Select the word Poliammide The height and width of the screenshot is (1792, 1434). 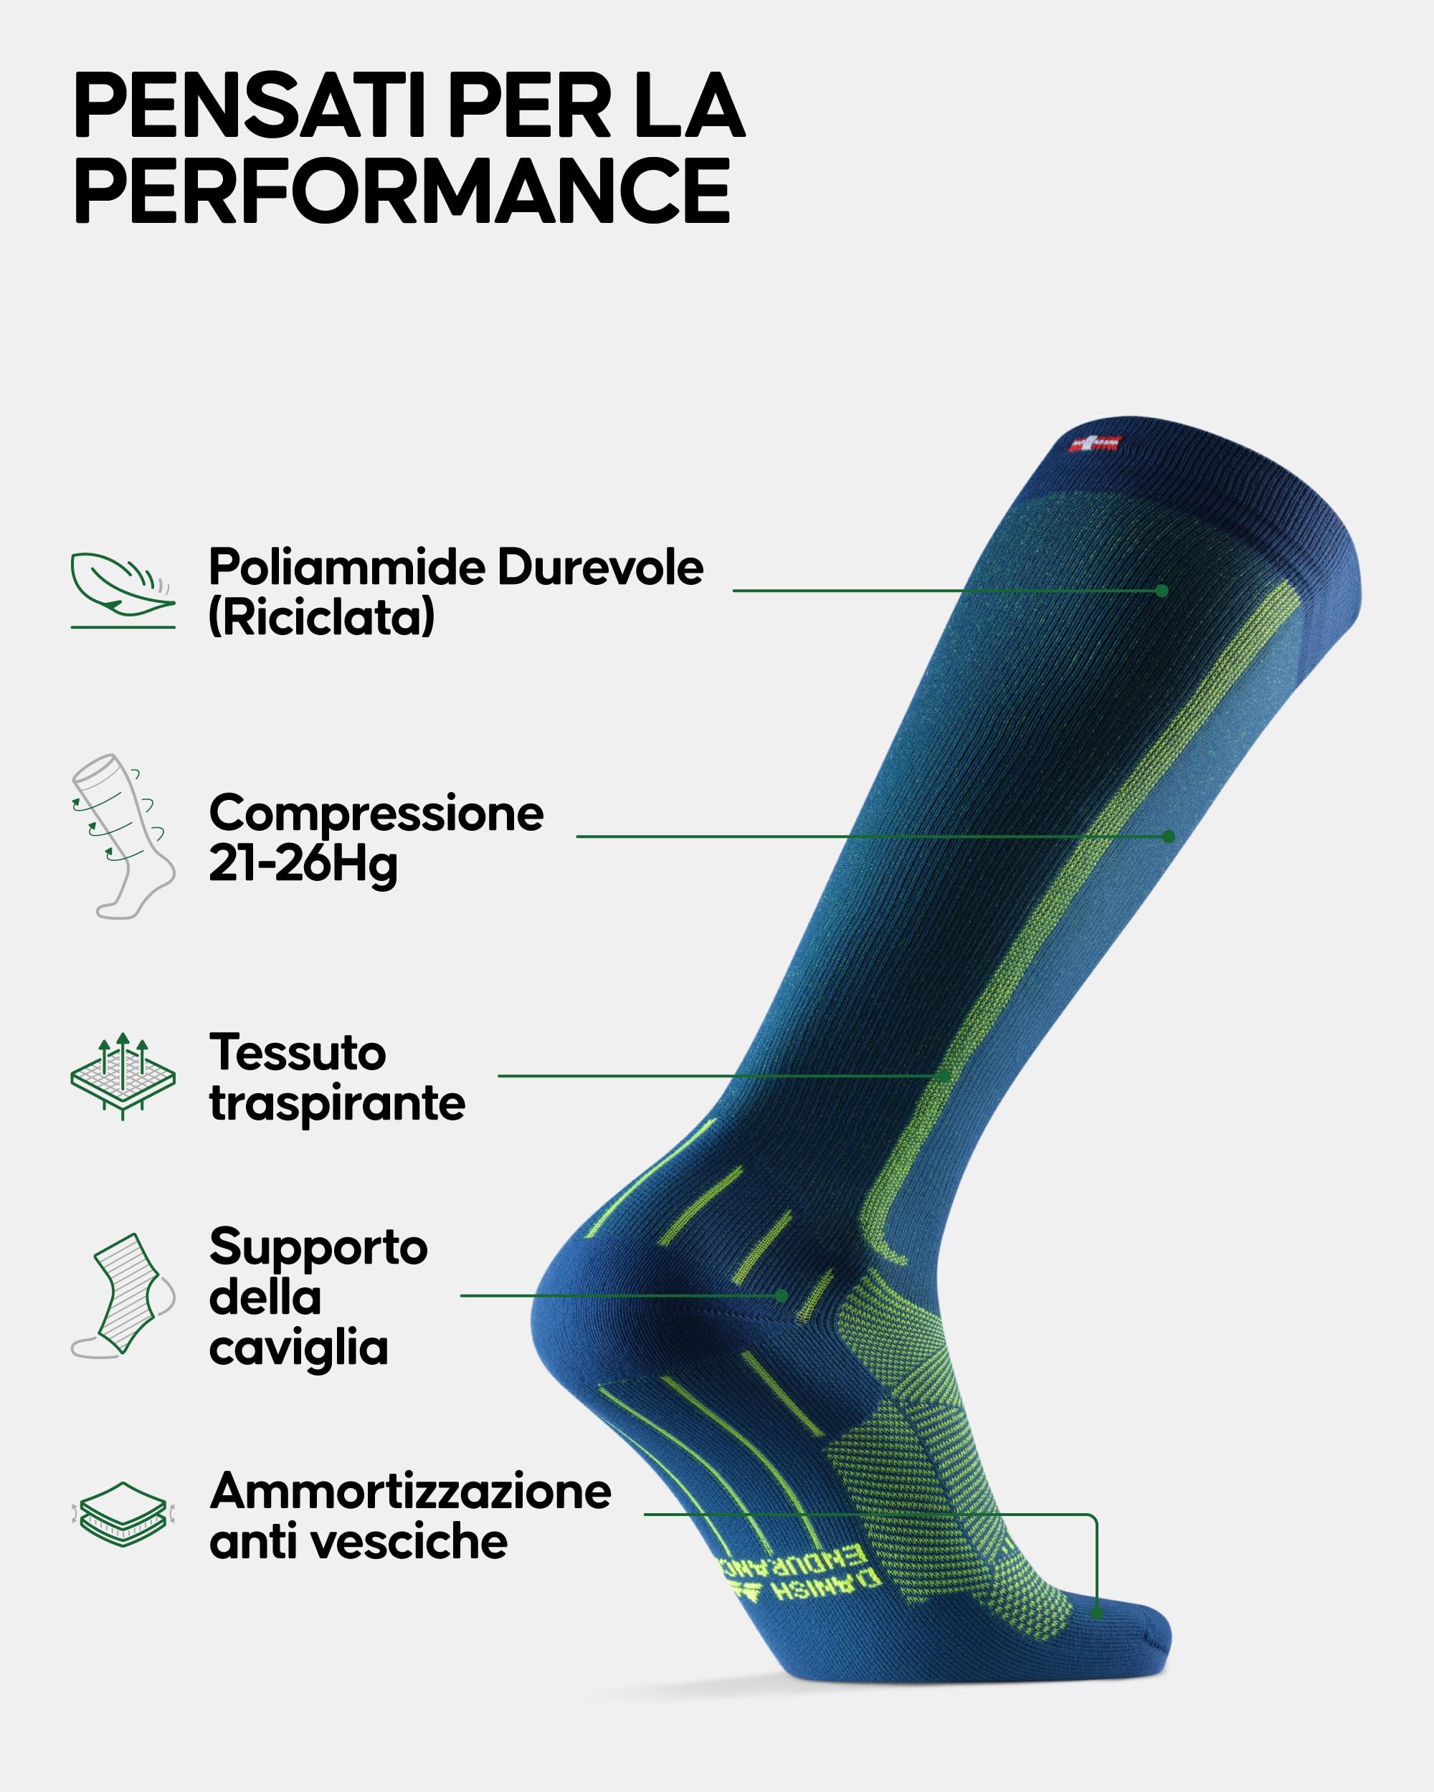[348, 568]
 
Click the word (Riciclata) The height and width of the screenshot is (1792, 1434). [322, 619]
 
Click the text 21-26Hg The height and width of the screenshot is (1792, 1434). [303, 864]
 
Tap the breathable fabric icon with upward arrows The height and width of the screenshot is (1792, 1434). [123, 1075]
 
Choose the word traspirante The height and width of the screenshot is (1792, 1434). [337, 1104]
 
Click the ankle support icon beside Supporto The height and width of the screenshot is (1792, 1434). [123, 1296]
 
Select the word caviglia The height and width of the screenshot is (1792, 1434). [298, 1348]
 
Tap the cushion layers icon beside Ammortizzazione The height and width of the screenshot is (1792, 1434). [123, 1515]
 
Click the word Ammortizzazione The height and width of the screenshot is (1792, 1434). [411, 1491]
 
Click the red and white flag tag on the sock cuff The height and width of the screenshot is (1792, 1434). [1096, 444]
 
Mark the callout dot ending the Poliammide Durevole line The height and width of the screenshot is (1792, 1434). [1162, 591]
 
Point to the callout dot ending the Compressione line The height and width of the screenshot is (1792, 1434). [1169, 837]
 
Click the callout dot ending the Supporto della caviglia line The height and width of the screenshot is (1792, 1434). [782, 1296]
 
